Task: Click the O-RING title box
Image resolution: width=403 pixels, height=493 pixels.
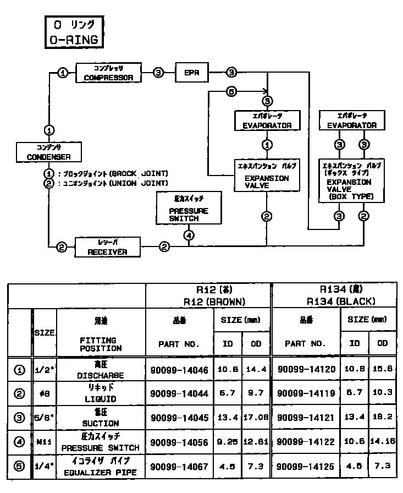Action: [72, 32]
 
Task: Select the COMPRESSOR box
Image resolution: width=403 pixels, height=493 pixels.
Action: [108, 73]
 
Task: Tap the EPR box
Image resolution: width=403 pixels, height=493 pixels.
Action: [192, 73]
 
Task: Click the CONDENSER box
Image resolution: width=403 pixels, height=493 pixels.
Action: [49, 152]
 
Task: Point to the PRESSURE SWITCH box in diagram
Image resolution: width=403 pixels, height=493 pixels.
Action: [189, 207]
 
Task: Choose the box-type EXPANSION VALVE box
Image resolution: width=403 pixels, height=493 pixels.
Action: [350, 180]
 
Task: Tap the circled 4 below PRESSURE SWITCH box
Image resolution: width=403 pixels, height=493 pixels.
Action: [189, 235]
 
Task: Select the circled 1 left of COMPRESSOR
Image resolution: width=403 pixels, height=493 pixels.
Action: [63, 73]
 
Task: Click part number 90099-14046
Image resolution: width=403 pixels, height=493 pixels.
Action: [179, 370]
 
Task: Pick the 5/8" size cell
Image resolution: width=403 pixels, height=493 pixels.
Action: [44, 418]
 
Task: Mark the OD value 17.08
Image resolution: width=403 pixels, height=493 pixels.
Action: [256, 418]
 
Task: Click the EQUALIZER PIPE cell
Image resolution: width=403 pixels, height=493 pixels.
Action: [100, 467]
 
